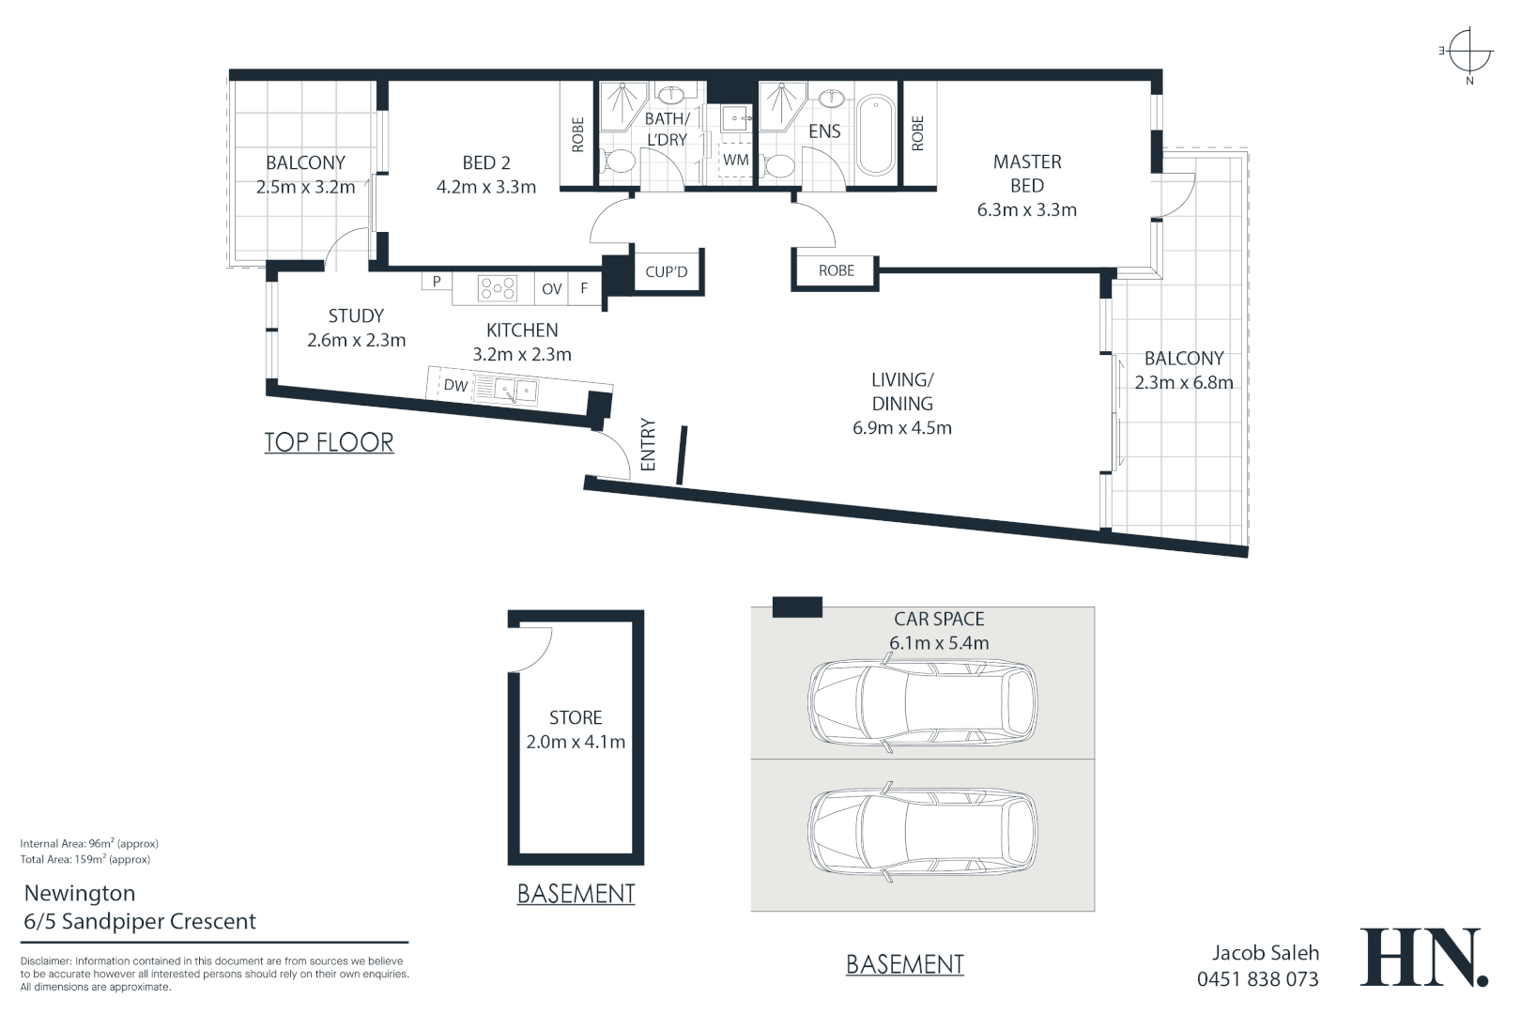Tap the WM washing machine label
735,160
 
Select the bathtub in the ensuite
876,135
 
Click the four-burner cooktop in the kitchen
497,288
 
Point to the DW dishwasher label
455,386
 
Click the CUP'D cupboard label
666,271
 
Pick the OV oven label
551,288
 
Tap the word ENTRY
648,445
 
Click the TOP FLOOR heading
329,442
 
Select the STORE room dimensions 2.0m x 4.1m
576,742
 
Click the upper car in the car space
923,702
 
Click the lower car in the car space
923,831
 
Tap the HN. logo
1424,957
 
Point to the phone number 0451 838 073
1257,978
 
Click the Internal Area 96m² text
89,843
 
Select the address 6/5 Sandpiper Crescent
140,921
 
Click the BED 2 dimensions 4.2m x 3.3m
486,187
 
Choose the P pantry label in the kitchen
437,281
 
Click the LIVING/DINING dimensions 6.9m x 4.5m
902,428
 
